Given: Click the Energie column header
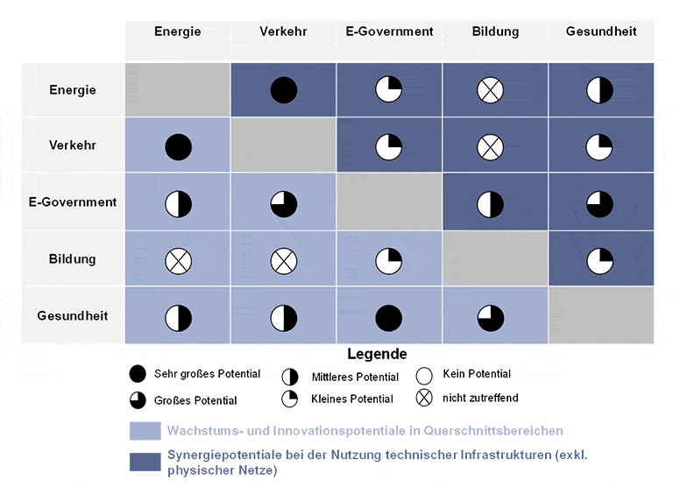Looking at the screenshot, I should tap(178, 32).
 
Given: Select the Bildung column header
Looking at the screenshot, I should tap(495, 32).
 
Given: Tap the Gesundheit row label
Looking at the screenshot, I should tap(73, 315).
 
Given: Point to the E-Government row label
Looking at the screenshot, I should tap(73, 202).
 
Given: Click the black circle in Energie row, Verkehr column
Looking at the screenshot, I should tap(284, 89).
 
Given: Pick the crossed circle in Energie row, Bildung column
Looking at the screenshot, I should tap(490, 89).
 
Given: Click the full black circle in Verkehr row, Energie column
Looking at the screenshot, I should tap(179, 146).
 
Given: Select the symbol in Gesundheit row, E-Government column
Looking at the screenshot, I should tap(389, 317).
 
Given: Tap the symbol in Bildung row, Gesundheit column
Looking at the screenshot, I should tap(599, 261).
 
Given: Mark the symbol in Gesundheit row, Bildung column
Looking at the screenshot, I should tap(490, 317).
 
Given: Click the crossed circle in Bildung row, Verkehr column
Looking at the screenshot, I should tap(284, 261).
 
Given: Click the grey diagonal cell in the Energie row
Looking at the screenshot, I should tap(178, 89).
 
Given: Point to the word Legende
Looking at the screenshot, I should tap(377, 355).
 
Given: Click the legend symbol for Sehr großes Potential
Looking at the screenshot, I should tap(138, 374).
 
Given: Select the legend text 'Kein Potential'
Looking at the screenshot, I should tap(477, 374).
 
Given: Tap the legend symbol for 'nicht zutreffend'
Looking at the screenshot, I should tap(426, 398).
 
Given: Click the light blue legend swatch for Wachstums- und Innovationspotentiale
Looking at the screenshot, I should tap(145, 431).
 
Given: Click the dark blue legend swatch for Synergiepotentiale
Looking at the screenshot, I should tap(145, 462).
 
